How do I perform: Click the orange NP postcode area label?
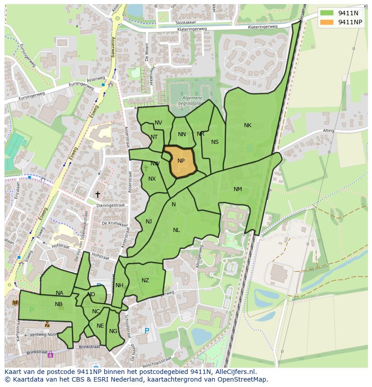click(x=181, y=161)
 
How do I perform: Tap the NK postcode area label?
click(x=248, y=125)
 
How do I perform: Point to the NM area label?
click(x=238, y=189)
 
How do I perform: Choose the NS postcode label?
click(x=215, y=142)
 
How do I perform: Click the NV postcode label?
click(x=158, y=123)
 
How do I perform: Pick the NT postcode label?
click(x=154, y=137)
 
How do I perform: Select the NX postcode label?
click(x=152, y=179)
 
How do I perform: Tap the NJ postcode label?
click(x=149, y=221)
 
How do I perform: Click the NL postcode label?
click(x=176, y=230)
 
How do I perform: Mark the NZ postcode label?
click(x=145, y=280)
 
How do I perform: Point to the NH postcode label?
click(x=119, y=285)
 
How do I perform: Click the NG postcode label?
click(x=113, y=331)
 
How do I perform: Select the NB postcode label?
click(x=58, y=304)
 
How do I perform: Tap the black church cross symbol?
click(x=97, y=194)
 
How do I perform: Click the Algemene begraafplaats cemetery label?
click(x=192, y=100)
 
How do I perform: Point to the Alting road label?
click(x=328, y=131)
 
